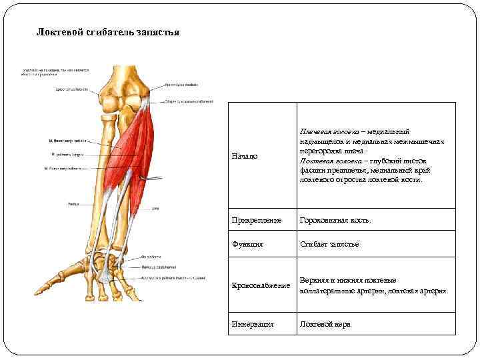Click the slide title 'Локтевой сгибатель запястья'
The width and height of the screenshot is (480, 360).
tap(107, 33)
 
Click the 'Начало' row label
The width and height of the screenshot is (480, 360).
tap(244, 156)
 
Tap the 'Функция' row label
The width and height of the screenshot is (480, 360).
tap(247, 245)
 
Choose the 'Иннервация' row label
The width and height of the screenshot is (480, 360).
tap(253, 324)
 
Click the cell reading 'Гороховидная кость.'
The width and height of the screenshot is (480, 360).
tap(335, 220)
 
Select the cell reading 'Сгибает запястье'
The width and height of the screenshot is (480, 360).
tap(329, 245)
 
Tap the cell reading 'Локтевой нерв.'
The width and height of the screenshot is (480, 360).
tap(325, 324)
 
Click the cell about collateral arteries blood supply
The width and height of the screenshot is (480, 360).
tap(374, 285)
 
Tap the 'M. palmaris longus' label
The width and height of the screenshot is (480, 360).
tap(66, 154)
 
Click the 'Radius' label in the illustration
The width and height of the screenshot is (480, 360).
tap(73, 204)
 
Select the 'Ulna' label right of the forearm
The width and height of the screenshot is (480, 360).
tap(155, 209)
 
